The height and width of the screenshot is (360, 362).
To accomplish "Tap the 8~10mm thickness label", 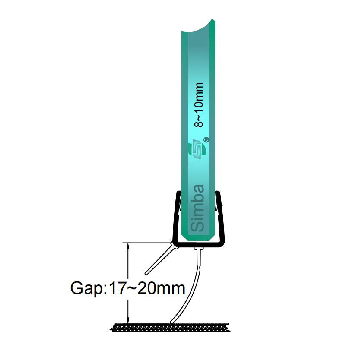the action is pyautogui.click(x=199, y=105).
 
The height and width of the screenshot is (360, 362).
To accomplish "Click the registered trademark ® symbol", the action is pyautogui.click(x=206, y=140).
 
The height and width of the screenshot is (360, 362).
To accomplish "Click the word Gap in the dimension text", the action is pyautogui.click(x=87, y=288).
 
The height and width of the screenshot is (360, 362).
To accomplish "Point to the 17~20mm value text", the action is pyautogui.click(x=146, y=288).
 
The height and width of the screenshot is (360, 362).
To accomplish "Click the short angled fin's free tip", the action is pyautogui.click(x=146, y=274).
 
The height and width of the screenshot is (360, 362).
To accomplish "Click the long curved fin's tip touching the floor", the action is pyautogui.click(x=171, y=322).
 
